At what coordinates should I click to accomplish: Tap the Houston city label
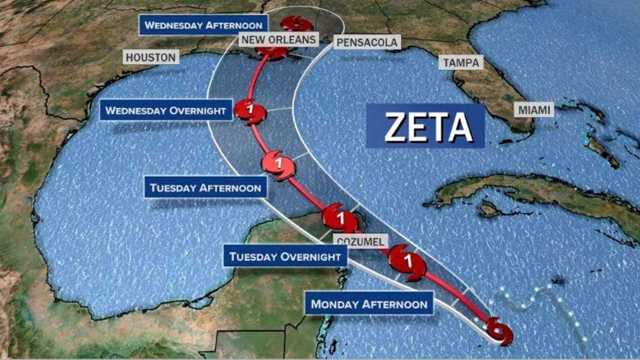pyautogui.click(x=151, y=57)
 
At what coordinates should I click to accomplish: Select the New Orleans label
pyautogui.click(x=279, y=40)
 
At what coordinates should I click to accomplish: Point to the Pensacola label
pyautogui.click(x=367, y=42)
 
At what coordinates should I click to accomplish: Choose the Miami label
pyautogui.click(x=535, y=110)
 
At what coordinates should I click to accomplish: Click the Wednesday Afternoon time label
pyautogui.click(x=204, y=26)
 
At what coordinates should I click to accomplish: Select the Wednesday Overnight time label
pyautogui.click(x=166, y=110)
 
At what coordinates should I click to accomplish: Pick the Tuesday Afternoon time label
pyautogui.click(x=205, y=188)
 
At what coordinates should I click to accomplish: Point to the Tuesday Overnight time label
pyautogui.click(x=285, y=256)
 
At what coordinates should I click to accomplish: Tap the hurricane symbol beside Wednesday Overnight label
pyautogui.click(x=252, y=111)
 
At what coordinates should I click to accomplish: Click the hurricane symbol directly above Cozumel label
pyautogui.click(x=339, y=216)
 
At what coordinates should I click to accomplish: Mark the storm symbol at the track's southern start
pyautogui.click(x=499, y=332)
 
